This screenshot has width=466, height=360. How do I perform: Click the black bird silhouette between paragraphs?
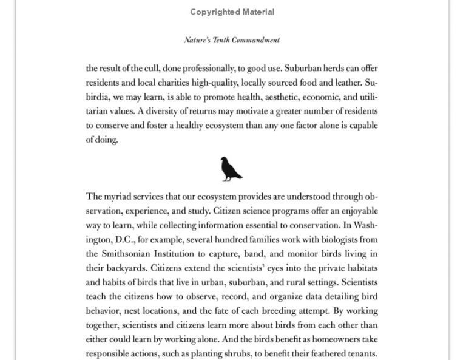click(x=231, y=169)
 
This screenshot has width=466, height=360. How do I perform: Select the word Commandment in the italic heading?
click(x=255, y=41)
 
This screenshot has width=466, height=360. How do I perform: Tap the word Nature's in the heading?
click(x=198, y=41)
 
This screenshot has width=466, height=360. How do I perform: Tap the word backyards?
click(x=127, y=268)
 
